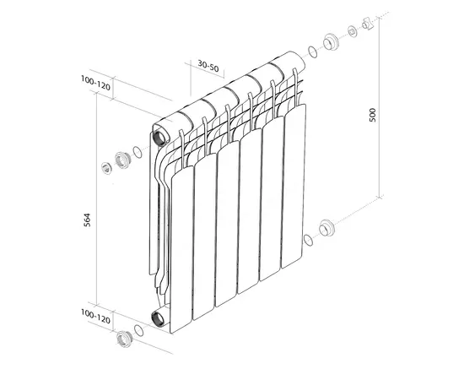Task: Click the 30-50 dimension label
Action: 208,66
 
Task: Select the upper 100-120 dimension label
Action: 95,84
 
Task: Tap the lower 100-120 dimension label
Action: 95,317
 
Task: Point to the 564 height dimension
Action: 87,220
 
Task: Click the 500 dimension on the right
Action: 372,115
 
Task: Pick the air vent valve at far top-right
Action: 368,24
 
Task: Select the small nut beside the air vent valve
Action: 352,31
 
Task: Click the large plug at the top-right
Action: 330,42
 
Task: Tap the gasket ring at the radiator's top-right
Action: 313,52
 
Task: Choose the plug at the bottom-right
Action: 326,228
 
